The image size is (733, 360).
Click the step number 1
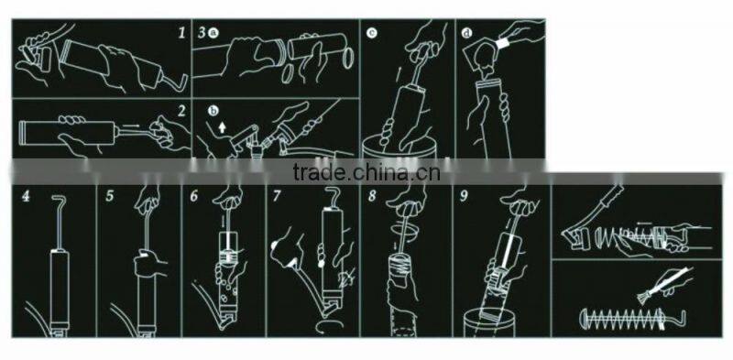(x=181, y=33)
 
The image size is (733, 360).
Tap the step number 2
(x=181, y=111)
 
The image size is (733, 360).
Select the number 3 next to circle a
(x=202, y=33)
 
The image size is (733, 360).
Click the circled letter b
(x=213, y=111)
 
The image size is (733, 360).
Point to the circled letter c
(x=372, y=33)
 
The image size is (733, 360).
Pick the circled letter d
(x=466, y=33)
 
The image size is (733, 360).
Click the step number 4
(x=26, y=196)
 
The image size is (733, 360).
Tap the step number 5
(x=109, y=196)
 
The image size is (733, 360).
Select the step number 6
(x=194, y=196)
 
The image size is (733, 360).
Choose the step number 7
(x=277, y=196)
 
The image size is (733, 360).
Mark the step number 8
(x=372, y=196)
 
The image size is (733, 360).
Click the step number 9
(x=464, y=196)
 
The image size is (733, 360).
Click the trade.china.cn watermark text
(x=366, y=172)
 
